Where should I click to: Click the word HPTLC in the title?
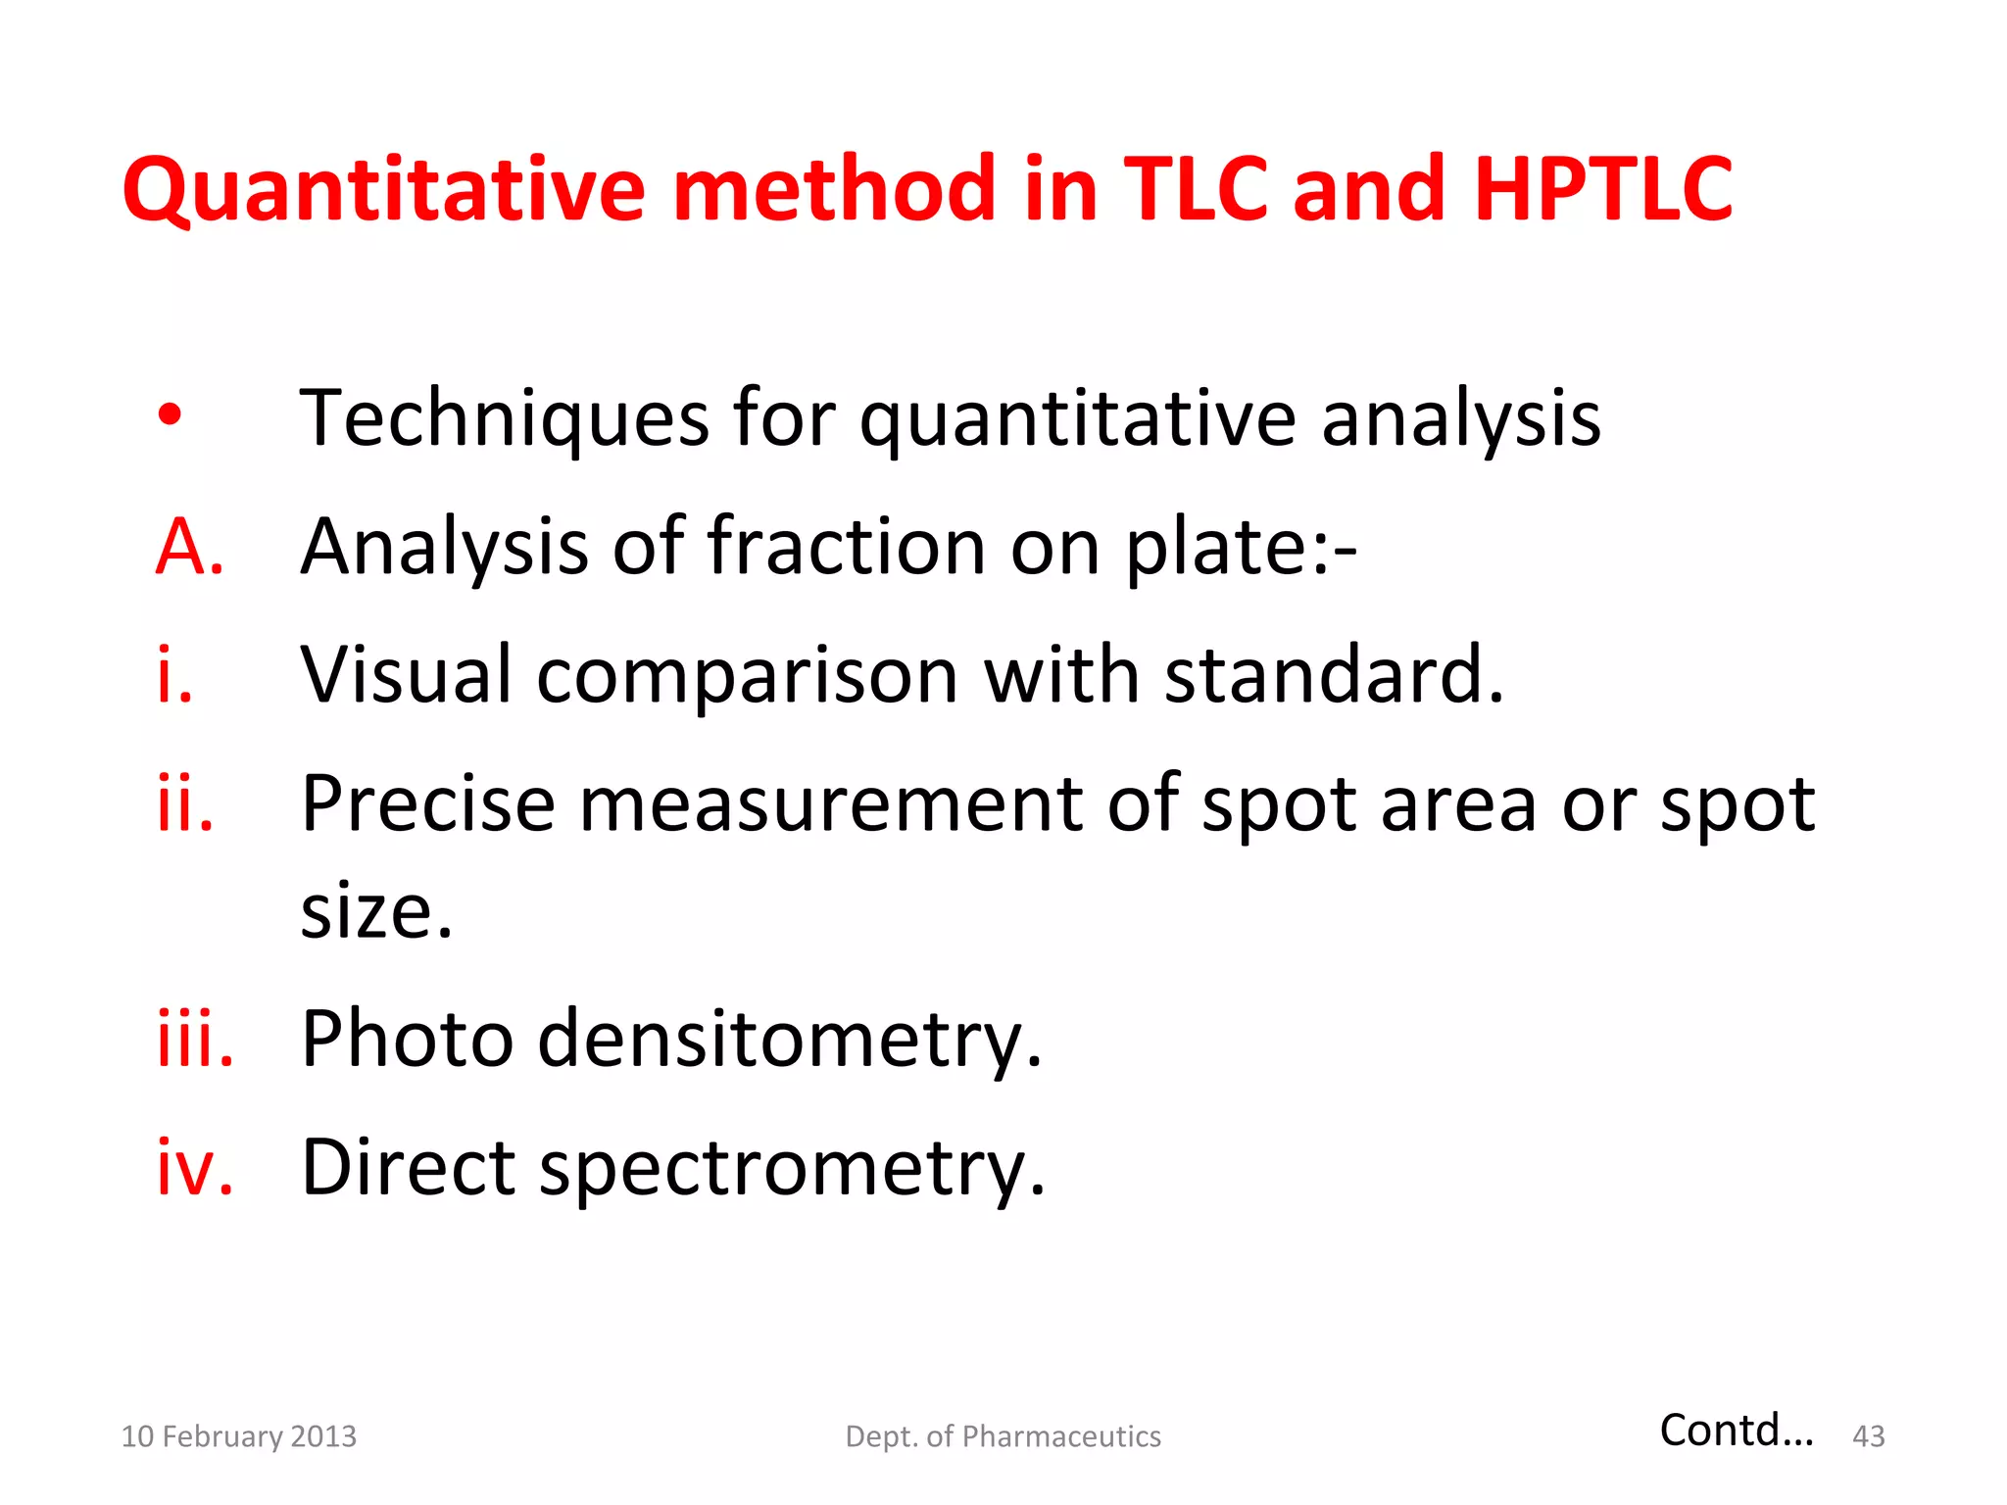pyautogui.click(x=1603, y=188)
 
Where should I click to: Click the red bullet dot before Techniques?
pyautogui.click(x=170, y=414)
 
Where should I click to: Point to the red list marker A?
pyautogui.click(x=190, y=547)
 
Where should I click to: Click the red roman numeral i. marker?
pyautogui.click(x=175, y=675)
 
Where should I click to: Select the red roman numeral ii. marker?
pyautogui.click(x=185, y=803)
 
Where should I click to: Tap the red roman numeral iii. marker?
pyautogui.click(x=195, y=1039)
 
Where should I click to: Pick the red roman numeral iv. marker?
pyautogui.click(x=195, y=1167)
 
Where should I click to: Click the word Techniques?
pyautogui.click(x=504, y=419)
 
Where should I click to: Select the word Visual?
pyautogui.click(x=406, y=675)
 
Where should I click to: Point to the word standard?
pyautogui.click(x=1333, y=675)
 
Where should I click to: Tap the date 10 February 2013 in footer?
pyautogui.click(x=238, y=1436)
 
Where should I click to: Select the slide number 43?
pyautogui.click(x=1868, y=1436)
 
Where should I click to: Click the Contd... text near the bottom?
pyautogui.click(x=1736, y=1431)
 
